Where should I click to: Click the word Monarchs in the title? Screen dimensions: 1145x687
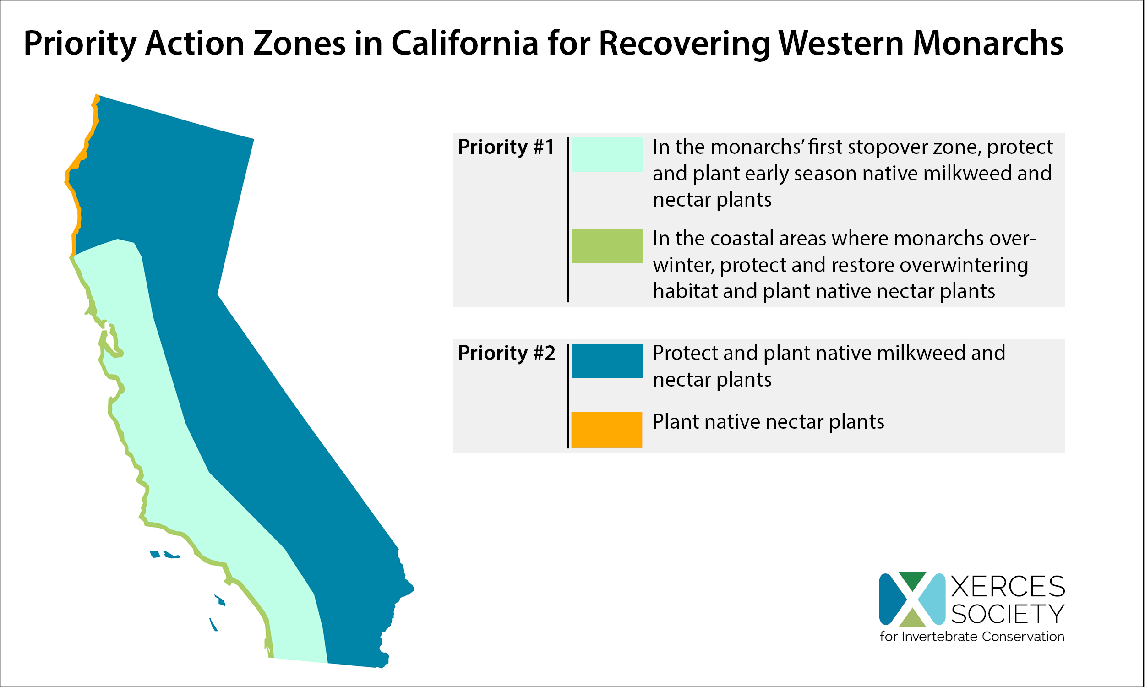[x=987, y=43]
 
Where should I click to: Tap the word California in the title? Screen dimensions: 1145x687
[x=465, y=43]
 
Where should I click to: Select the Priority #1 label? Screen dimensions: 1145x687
[x=506, y=147]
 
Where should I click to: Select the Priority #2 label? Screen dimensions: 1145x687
[x=506, y=353]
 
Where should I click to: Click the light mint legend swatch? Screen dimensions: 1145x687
[x=608, y=155]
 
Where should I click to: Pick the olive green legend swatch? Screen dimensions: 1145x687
[x=608, y=246]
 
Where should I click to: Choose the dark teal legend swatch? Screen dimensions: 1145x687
[x=608, y=360]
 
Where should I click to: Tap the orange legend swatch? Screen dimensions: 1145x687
[x=607, y=430]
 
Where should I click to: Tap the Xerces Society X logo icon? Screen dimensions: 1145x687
[x=912, y=599]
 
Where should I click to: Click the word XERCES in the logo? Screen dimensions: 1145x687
[x=1008, y=587]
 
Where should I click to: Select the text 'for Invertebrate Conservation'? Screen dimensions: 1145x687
[x=972, y=637]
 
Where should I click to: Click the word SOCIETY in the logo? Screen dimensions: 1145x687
[x=1008, y=614]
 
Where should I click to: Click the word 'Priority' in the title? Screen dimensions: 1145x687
[x=80, y=43]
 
